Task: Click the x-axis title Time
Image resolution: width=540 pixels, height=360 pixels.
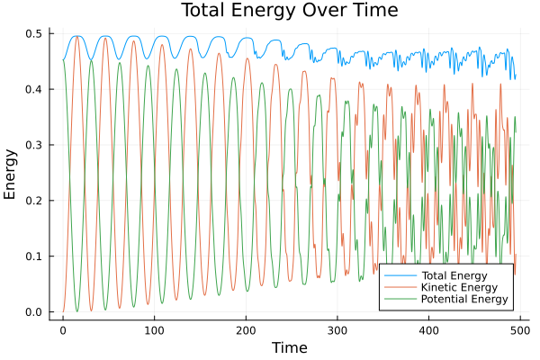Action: click(289, 347)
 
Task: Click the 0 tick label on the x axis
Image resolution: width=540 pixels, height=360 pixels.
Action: click(63, 330)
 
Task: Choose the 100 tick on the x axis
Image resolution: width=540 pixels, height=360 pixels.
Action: click(155, 330)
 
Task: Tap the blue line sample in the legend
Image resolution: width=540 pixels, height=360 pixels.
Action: click(396, 274)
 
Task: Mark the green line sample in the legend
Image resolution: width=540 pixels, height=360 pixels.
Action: click(396, 299)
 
